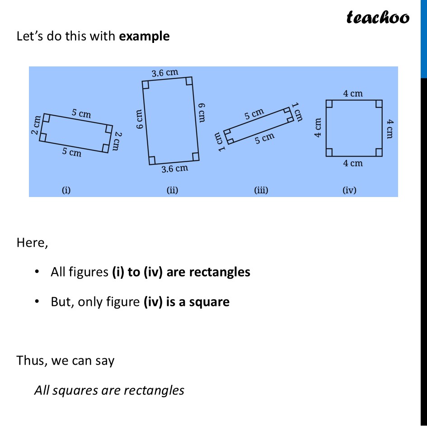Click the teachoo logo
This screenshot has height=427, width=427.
[x=378, y=17]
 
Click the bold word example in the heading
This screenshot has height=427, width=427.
[x=144, y=36]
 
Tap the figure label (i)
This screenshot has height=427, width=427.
[x=66, y=190]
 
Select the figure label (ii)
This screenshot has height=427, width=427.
[x=172, y=190]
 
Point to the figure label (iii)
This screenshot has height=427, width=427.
[x=261, y=190]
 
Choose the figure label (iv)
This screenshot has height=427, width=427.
[x=349, y=190]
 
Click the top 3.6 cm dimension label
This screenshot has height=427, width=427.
[x=164, y=73]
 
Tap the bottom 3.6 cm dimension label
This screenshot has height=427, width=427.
[x=175, y=169]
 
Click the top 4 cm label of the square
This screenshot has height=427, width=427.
[x=353, y=94]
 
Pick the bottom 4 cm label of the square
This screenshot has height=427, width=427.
[x=353, y=163]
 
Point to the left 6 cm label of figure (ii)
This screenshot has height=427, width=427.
[x=139, y=120]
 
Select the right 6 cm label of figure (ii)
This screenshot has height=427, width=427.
[x=202, y=113]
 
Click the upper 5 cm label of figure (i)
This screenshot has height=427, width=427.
[x=82, y=113]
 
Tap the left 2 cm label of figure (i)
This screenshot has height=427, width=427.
[x=36, y=125]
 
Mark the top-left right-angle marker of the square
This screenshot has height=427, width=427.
[x=329, y=103]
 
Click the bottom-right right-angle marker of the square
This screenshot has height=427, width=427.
[x=379, y=152]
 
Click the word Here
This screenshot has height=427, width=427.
[x=32, y=243]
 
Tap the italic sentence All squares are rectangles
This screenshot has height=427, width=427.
[x=109, y=390]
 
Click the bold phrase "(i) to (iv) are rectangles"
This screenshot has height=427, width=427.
[x=181, y=272]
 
